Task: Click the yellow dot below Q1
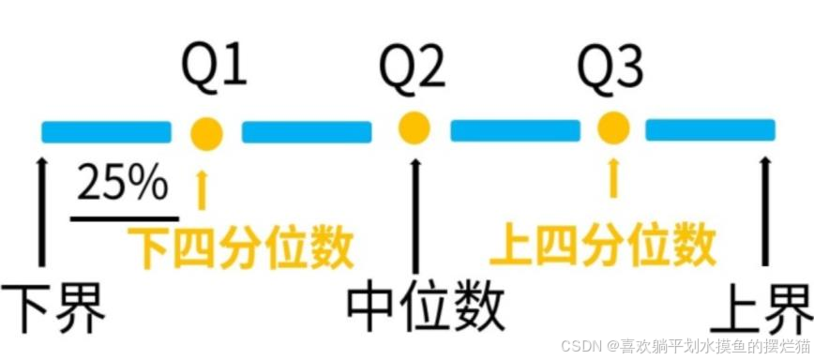click(206, 134)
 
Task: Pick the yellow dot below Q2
click(415, 127)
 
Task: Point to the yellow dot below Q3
click(613, 127)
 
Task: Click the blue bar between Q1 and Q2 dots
click(307, 132)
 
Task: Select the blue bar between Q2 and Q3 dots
click(516, 130)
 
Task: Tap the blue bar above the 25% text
click(106, 132)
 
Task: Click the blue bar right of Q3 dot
click(710, 129)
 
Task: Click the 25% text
click(123, 184)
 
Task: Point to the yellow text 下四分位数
click(241, 246)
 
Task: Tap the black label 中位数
click(426, 308)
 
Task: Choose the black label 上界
click(761, 308)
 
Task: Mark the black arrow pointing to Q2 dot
click(415, 216)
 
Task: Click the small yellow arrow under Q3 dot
click(613, 178)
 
